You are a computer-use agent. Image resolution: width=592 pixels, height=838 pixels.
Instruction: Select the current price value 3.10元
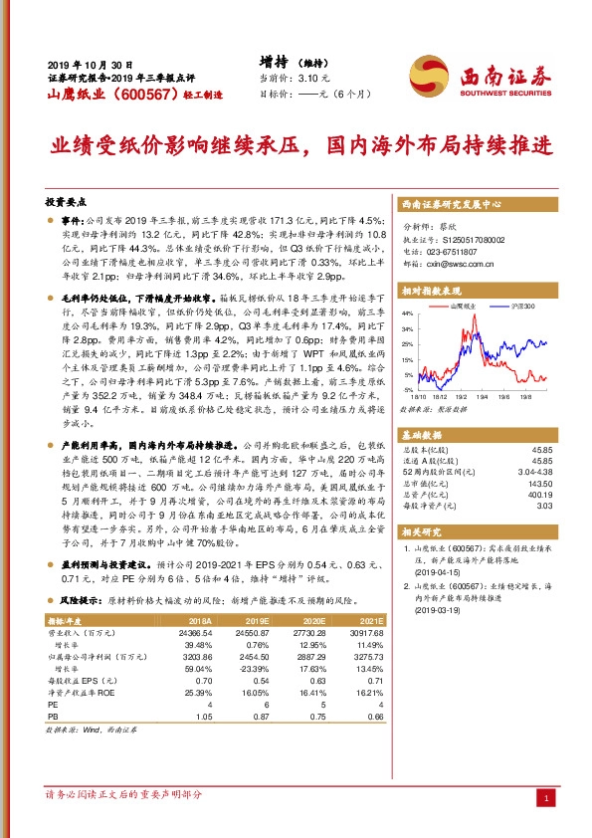point(309,77)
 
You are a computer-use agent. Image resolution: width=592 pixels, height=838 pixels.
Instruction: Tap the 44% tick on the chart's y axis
point(408,325)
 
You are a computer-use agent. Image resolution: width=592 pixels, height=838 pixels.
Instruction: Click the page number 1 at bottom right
point(545,799)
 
